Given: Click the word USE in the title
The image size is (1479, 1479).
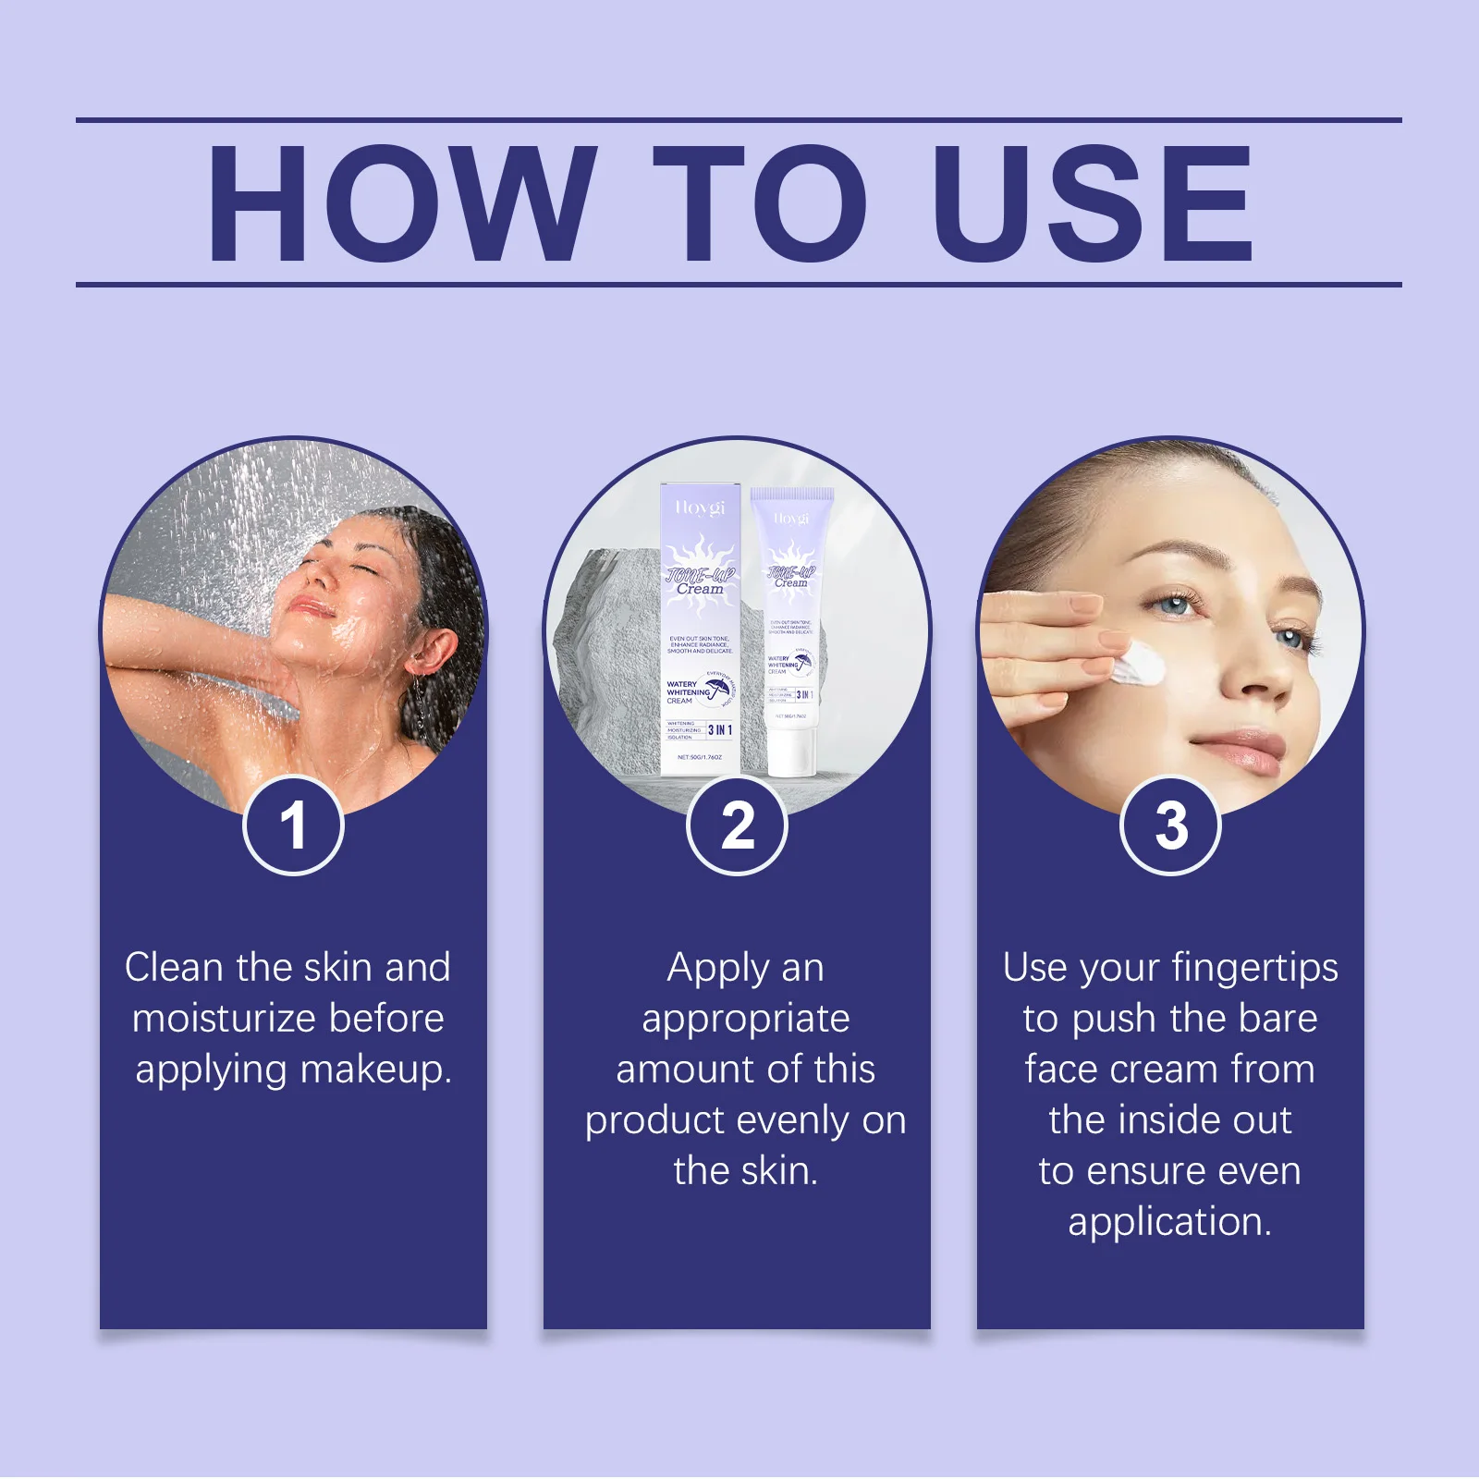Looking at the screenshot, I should [1094, 203].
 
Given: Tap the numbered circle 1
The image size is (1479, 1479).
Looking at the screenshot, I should [293, 825].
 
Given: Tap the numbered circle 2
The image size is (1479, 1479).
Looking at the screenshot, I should [737, 825].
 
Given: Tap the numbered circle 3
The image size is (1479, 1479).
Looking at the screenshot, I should [1170, 825].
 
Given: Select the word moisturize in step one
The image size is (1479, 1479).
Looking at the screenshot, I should [224, 1019].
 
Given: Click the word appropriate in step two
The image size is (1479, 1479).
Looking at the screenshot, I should [745, 1019].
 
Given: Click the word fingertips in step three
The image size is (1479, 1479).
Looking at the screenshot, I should [1254, 968].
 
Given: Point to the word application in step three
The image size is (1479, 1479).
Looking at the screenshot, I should [1169, 1222].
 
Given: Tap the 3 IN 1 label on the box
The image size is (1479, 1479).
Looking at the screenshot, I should [720, 730].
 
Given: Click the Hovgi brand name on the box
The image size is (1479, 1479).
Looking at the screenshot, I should [700, 507].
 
